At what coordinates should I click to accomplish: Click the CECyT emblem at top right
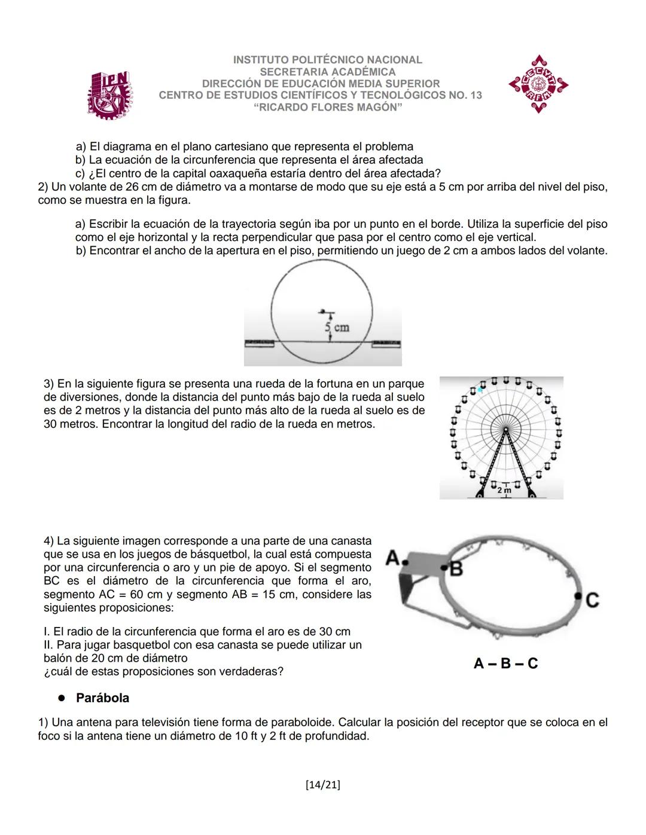pos(538,84)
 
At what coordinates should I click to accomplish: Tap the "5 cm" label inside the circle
pos(337,328)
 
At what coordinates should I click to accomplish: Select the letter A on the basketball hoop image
pos(393,558)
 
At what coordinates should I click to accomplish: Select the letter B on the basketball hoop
pos(457,570)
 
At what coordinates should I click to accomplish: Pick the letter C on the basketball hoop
pos(593,600)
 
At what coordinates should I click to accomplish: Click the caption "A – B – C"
pos(505,663)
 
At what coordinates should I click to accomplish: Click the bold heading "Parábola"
pos(102,698)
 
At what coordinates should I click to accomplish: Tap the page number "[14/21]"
pos(322,785)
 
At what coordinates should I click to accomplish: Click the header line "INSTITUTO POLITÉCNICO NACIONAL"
pos(327,60)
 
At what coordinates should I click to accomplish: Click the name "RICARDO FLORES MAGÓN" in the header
pos(327,108)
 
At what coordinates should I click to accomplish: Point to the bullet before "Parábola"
pos(61,698)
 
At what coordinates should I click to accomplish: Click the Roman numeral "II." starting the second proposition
pos(50,645)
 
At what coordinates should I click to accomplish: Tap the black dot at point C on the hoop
pos(578,596)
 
